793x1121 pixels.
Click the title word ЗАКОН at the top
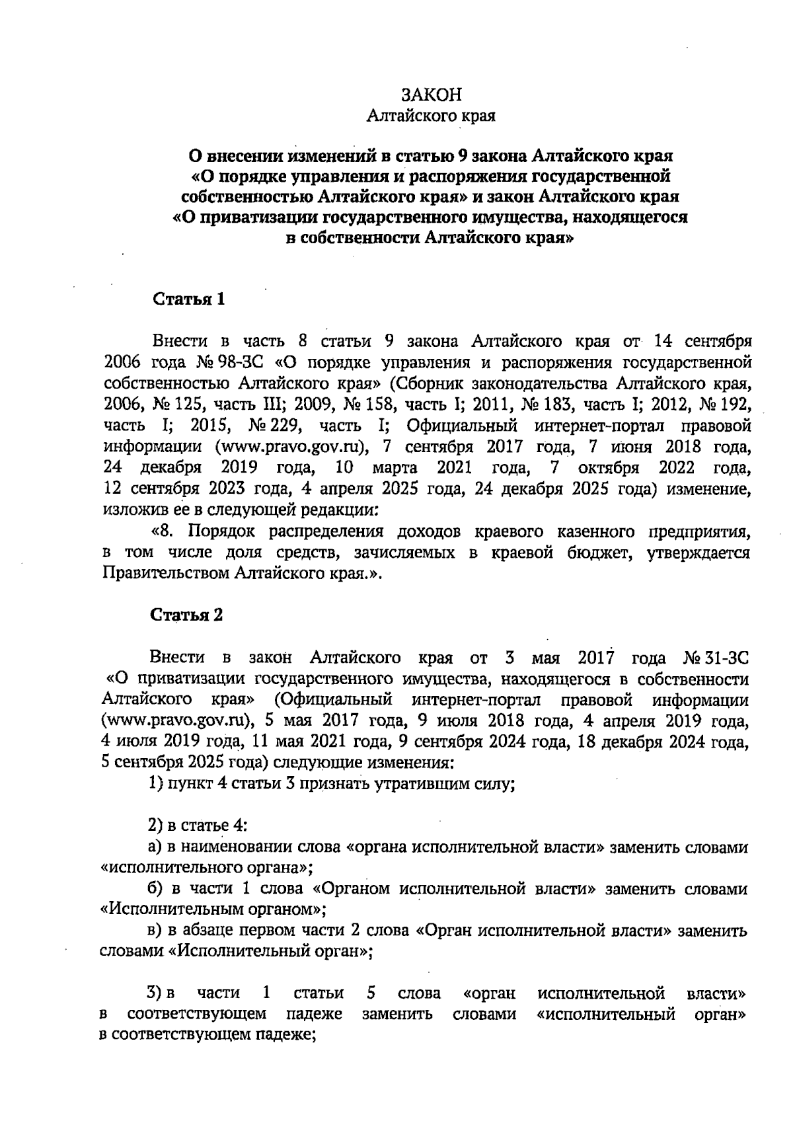432,95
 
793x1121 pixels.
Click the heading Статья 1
189,299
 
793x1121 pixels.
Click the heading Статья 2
187,615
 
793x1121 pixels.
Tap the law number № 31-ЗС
716,659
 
